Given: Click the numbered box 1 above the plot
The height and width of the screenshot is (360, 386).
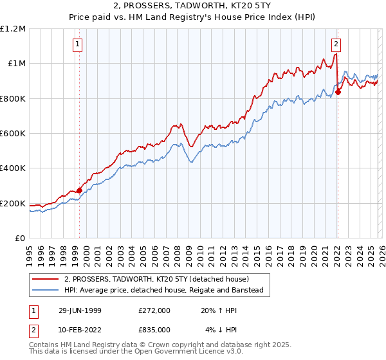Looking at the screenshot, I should click(77, 44).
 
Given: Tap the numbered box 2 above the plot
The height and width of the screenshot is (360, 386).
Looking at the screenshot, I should click(336, 44).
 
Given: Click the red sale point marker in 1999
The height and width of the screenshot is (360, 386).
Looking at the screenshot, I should click(80, 190).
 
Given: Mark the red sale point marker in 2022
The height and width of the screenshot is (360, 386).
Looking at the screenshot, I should click(338, 92).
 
